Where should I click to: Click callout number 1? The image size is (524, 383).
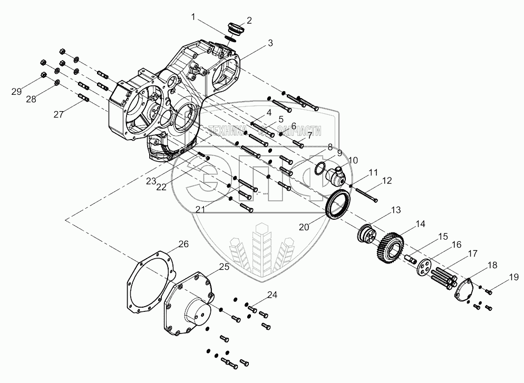193,17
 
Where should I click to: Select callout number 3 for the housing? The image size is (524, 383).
270,43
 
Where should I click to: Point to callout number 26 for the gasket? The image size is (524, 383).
183,244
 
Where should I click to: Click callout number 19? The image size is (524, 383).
514,277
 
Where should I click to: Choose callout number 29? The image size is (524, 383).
16,92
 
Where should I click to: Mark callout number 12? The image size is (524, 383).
387,181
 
